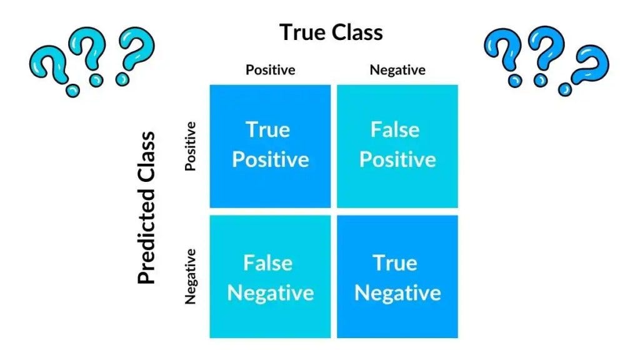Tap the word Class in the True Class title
click(357, 32)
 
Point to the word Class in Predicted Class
click(147, 158)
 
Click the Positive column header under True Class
click(270, 69)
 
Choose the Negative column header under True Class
click(397, 69)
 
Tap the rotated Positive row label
click(191, 146)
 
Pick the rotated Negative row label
click(191, 276)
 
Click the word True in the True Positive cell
click(268, 130)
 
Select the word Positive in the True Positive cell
click(271, 159)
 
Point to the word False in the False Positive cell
click(395, 130)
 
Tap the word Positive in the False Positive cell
click(397, 159)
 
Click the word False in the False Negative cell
click(267, 262)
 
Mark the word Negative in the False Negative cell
click(271, 292)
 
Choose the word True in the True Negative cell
click(395, 262)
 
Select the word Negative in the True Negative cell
click(398, 292)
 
